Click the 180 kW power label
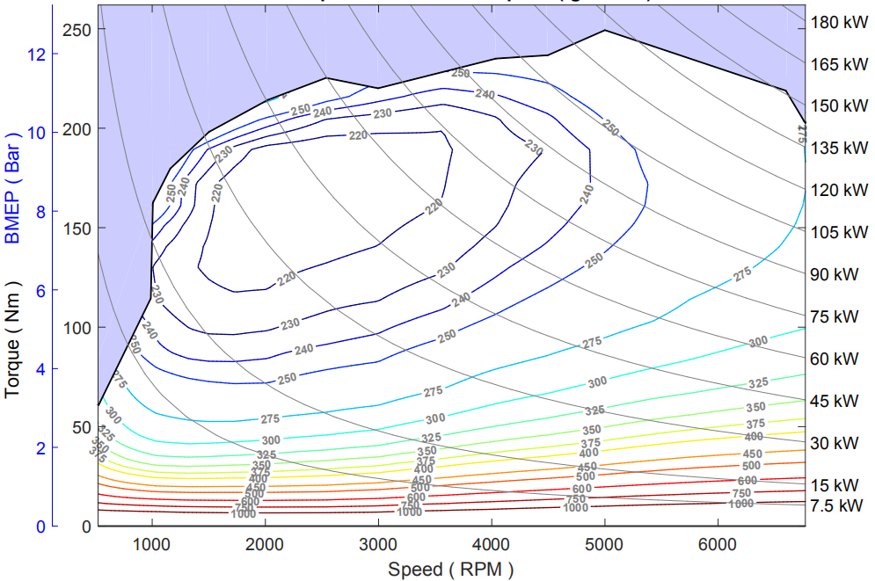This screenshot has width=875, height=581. pyautogui.click(x=838, y=22)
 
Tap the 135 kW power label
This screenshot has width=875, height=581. pyautogui.click(x=838, y=148)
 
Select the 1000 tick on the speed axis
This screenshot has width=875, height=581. pyautogui.click(x=152, y=545)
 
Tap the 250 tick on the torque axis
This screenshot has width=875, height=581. pyautogui.click(x=77, y=29)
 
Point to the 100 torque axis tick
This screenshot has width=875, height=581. pyautogui.click(x=77, y=328)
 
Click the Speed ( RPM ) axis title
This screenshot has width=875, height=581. pyautogui.click(x=450, y=569)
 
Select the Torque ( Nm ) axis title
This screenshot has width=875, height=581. pyautogui.click(x=13, y=339)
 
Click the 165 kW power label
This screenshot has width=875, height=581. pyautogui.click(x=838, y=64)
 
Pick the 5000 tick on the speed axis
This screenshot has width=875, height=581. pyautogui.click(x=604, y=545)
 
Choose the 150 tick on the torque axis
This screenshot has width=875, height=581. pyautogui.click(x=77, y=229)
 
